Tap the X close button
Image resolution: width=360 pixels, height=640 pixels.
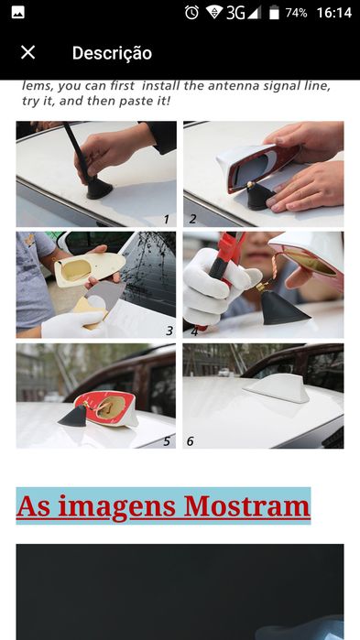point(27,52)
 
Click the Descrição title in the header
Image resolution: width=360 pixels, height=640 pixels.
point(112,53)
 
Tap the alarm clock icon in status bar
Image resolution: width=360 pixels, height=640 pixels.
point(191,13)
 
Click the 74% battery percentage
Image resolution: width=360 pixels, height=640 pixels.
point(296,13)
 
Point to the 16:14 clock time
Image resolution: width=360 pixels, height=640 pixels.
point(333,13)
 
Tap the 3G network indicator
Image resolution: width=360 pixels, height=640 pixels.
point(235,13)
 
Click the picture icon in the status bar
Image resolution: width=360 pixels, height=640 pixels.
point(18,13)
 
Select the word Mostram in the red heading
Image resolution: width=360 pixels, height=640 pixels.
point(246,506)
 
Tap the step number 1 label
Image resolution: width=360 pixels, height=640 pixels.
point(166,220)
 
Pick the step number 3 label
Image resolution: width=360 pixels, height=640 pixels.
point(169,331)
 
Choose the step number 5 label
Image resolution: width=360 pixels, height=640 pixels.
point(167,441)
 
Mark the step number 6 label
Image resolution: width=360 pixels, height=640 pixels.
point(191,441)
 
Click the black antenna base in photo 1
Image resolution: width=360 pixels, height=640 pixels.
point(99,189)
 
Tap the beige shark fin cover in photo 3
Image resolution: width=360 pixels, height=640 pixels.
point(90,267)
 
